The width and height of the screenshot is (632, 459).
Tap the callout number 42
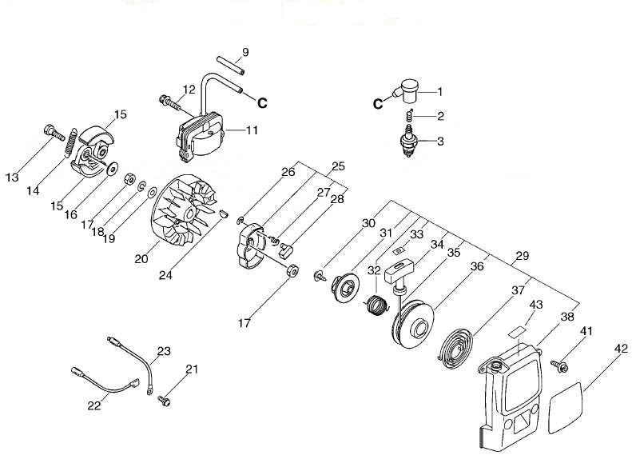(x=622, y=348)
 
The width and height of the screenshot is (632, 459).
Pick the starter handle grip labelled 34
(x=400, y=271)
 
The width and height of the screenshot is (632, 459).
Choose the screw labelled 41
(x=558, y=365)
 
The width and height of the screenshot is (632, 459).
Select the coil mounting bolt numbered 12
(x=169, y=101)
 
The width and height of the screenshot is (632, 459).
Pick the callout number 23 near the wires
(x=164, y=350)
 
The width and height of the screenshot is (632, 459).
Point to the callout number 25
(x=338, y=166)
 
